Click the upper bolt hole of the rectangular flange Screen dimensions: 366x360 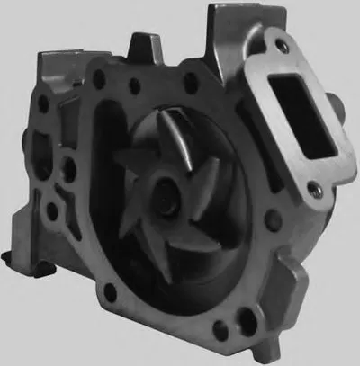pos(285,48)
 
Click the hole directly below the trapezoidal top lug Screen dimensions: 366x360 pos(134,88)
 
